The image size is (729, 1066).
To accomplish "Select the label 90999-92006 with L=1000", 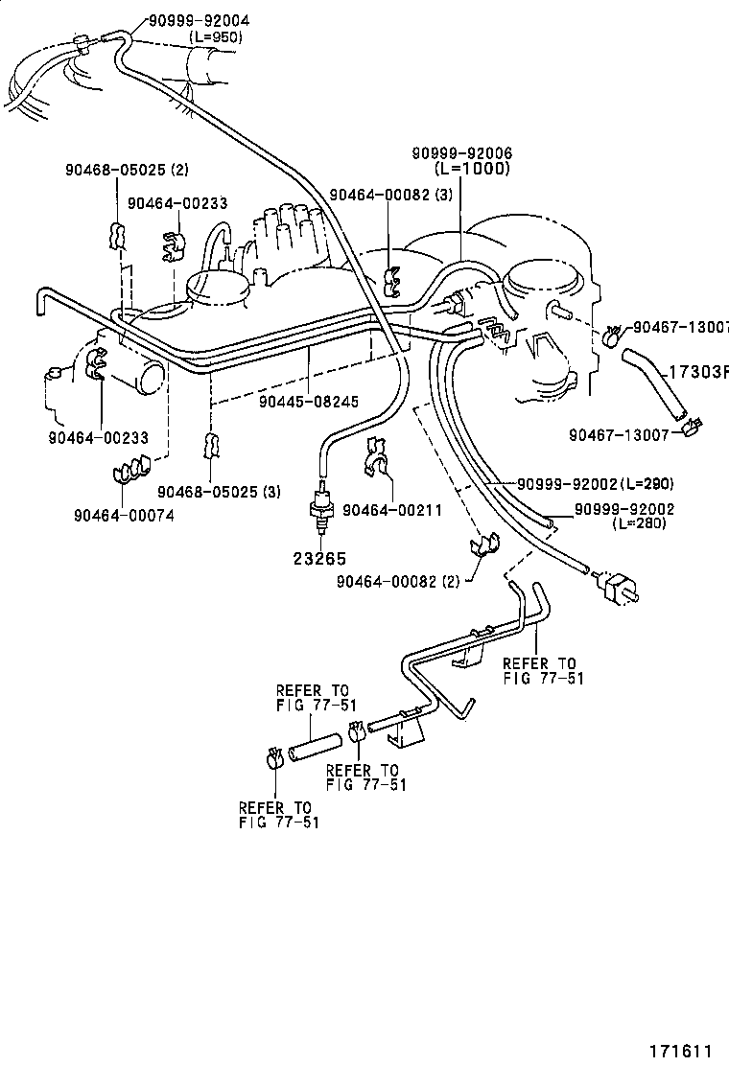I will coord(462,153).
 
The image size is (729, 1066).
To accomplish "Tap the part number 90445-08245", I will coord(309,402).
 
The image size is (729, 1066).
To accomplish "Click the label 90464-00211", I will coord(391,510).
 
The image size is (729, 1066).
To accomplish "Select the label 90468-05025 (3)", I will coord(220,492).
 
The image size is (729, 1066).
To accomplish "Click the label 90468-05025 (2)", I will coord(127,170).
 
